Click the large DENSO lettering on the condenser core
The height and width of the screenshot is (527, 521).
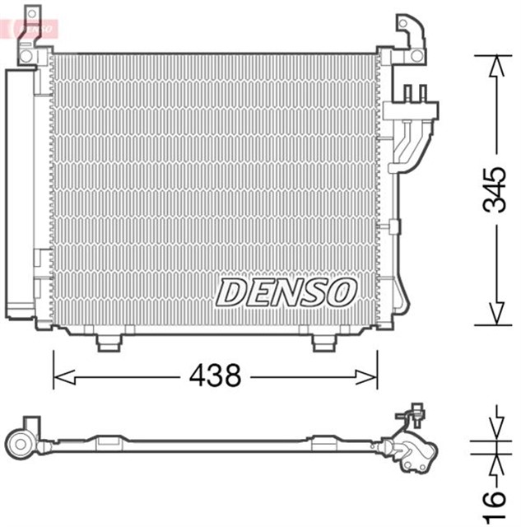pyautogui.click(x=286, y=291)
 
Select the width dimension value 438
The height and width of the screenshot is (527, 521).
pyautogui.click(x=215, y=376)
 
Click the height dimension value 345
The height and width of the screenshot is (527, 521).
pyautogui.click(x=494, y=189)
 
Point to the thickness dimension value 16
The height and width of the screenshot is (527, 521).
pyautogui.click(x=493, y=499)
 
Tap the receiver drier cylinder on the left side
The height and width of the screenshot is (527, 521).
pyautogui.click(x=18, y=194)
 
